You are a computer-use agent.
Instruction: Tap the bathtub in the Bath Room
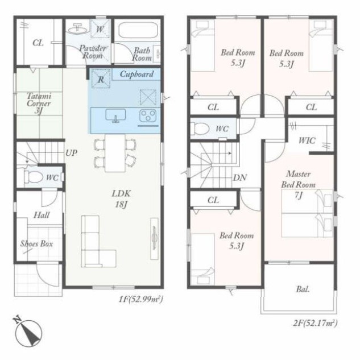(x=138, y=31)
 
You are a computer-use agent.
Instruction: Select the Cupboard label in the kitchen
(x=136, y=74)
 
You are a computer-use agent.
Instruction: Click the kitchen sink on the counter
(x=115, y=115)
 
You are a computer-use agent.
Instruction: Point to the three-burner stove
(x=148, y=115)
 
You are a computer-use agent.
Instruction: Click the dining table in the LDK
(x=115, y=153)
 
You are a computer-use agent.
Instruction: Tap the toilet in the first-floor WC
(x=34, y=177)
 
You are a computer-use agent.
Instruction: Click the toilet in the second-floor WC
(x=200, y=129)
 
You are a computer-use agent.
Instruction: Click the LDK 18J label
(x=121, y=199)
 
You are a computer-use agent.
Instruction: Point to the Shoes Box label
(x=36, y=243)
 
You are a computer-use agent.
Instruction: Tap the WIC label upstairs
(x=307, y=140)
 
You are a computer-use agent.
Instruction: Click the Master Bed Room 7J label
(x=299, y=185)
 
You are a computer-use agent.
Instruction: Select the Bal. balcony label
(x=303, y=289)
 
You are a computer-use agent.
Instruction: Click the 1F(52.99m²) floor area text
(x=140, y=299)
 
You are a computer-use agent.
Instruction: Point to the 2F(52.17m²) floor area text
(x=315, y=323)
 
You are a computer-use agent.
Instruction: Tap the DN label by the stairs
(x=240, y=177)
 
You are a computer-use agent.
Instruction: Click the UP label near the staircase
(x=72, y=152)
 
